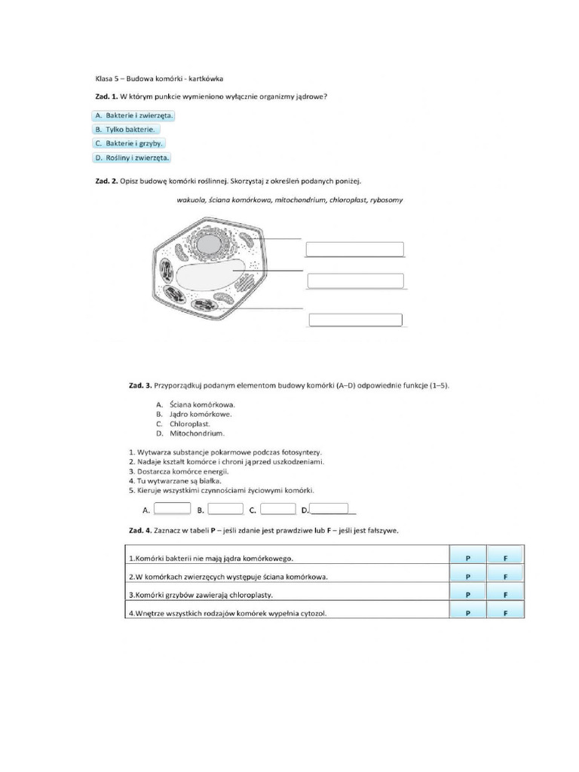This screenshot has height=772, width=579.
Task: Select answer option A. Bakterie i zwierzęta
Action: [x=133, y=115]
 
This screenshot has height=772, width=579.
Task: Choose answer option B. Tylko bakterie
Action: [x=126, y=129]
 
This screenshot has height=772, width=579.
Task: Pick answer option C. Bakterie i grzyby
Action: [x=129, y=142]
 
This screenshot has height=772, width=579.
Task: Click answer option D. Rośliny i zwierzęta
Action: [x=132, y=157]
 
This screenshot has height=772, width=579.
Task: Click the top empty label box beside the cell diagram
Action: [x=354, y=250]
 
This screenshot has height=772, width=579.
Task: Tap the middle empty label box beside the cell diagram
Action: [x=355, y=281]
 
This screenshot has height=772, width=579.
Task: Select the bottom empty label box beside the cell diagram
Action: [x=356, y=319]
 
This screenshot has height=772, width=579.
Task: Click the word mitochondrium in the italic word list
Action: [x=300, y=200]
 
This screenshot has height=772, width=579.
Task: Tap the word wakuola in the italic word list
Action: [x=191, y=200]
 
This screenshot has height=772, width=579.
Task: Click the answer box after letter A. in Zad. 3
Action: [x=172, y=509]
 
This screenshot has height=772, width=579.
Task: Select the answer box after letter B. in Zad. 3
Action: [x=225, y=509]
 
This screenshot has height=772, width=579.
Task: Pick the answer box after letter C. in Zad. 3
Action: [x=278, y=509]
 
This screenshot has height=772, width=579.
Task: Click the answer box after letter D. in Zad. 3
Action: [x=329, y=509]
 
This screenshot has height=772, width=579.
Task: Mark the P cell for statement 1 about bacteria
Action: [x=467, y=558]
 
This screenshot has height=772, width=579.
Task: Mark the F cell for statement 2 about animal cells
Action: [x=506, y=577]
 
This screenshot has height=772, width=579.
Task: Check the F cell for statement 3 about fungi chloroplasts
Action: [x=506, y=594]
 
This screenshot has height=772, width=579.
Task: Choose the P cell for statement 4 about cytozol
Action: [x=467, y=612]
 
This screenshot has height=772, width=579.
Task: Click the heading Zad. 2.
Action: [x=106, y=181]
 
